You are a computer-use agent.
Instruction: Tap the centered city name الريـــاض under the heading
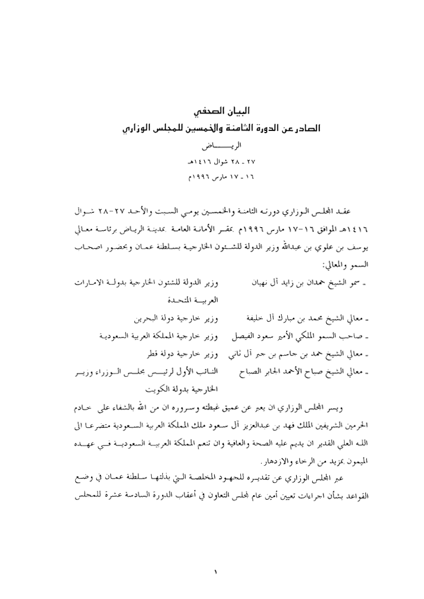click(215, 149)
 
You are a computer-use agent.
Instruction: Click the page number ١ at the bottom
click(215, 573)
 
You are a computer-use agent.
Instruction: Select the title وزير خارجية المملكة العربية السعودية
click(158, 337)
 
